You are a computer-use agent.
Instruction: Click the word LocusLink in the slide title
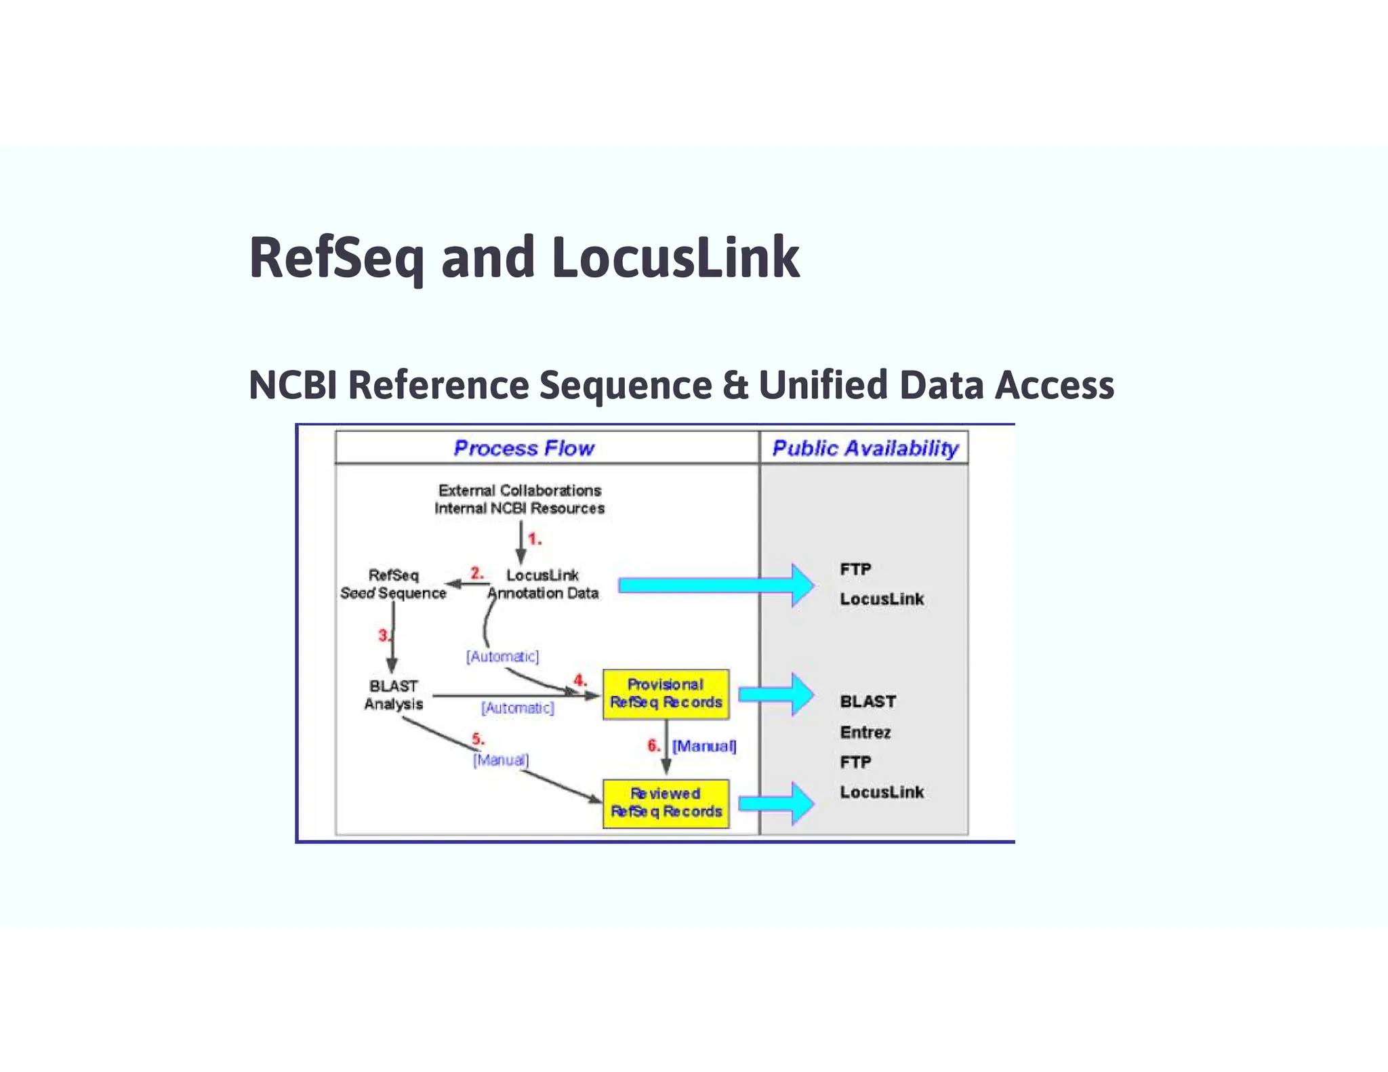(x=675, y=258)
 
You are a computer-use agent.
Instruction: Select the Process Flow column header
(x=523, y=448)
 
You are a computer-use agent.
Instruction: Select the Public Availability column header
(x=865, y=448)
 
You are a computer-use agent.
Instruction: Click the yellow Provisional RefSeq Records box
(x=666, y=694)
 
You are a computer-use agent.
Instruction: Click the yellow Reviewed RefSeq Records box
(x=666, y=803)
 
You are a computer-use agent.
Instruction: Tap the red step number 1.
(x=534, y=539)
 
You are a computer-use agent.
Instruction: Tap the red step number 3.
(x=384, y=636)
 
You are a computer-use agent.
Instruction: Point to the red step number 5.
(x=477, y=739)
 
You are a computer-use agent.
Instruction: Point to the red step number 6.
(x=653, y=745)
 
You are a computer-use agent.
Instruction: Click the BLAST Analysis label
(x=393, y=695)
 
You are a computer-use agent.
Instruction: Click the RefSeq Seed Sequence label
(x=393, y=584)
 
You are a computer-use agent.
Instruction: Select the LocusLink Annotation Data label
(x=542, y=584)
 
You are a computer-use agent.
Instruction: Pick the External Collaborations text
(x=519, y=490)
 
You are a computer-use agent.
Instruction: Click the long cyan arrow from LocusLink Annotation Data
(x=712, y=585)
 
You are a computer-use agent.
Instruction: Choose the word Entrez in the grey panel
(x=865, y=733)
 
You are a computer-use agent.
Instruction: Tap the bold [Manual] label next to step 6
(x=703, y=746)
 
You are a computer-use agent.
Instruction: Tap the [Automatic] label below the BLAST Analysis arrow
(x=517, y=708)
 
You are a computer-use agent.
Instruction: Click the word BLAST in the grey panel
(x=867, y=701)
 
